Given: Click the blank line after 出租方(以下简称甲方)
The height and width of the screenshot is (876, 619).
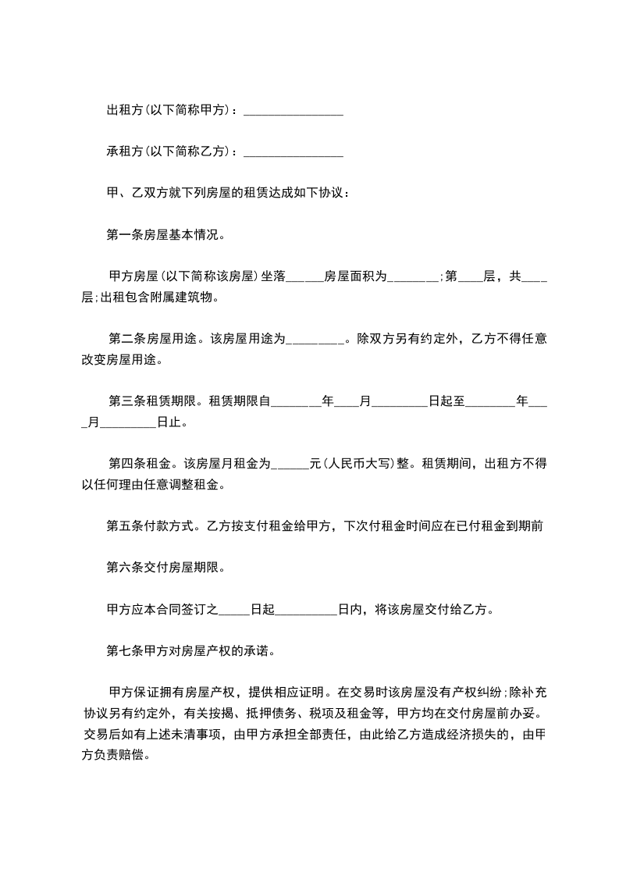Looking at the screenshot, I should (x=293, y=112).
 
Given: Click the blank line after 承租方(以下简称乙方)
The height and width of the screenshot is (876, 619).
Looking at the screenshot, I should (x=293, y=151).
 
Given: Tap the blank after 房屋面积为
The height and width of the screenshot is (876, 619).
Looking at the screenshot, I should (x=413, y=276).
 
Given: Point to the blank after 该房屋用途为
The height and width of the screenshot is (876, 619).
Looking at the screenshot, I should (x=315, y=340).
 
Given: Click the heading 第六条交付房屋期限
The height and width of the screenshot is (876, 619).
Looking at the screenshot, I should (x=165, y=568).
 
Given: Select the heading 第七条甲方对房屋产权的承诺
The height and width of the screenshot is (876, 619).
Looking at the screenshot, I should (x=189, y=650).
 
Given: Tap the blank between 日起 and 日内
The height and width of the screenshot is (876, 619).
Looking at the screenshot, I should (x=307, y=609).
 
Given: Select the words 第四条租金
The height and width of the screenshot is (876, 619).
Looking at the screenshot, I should (x=143, y=464).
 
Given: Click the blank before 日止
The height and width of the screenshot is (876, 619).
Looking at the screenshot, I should (x=129, y=423).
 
